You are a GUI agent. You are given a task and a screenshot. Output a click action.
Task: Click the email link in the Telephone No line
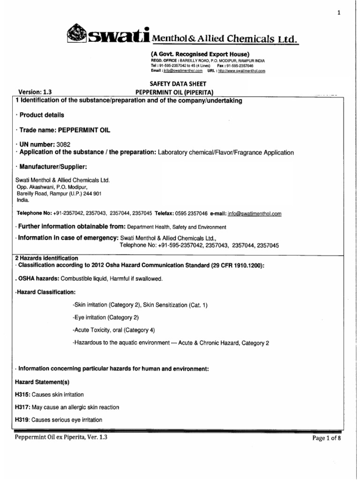[x=255, y=214]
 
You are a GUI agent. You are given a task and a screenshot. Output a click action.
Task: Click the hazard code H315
[x=22, y=394]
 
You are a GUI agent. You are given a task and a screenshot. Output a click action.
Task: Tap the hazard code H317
[x=22, y=407]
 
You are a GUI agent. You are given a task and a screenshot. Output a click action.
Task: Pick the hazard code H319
[x=22, y=420]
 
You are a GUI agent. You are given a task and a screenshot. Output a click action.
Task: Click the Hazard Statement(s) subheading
[x=42, y=382]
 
